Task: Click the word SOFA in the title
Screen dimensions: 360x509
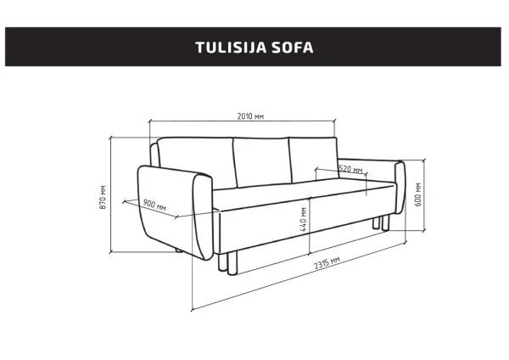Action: (x=293, y=47)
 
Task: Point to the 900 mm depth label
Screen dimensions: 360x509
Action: (x=154, y=204)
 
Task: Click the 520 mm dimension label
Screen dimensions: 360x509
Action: (x=350, y=169)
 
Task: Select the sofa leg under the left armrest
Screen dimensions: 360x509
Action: (x=176, y=251)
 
